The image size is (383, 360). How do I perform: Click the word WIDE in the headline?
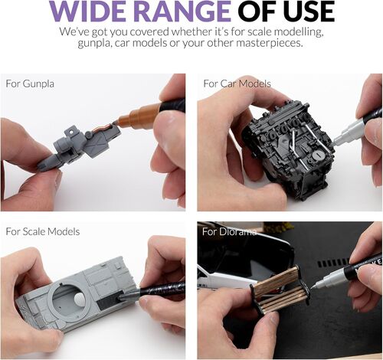coord(90,11)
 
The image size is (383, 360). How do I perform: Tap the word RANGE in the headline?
coord(182,11)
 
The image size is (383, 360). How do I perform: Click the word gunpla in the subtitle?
coord(94,44)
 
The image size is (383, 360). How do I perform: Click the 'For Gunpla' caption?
coord(30,84)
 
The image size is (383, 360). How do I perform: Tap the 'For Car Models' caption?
coord(237,83)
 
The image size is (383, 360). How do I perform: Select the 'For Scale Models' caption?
coord(43,231)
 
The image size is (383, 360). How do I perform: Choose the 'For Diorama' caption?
coord(229,231)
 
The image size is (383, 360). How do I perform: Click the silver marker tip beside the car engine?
coord(336,141)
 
